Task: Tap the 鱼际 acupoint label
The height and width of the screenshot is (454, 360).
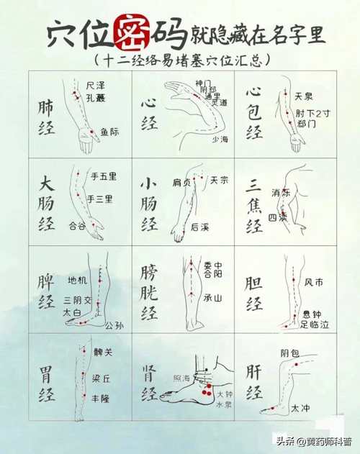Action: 110,132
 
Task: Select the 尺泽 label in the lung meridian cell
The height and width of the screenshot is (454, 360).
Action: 95,85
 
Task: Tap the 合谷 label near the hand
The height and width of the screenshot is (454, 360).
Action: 76,225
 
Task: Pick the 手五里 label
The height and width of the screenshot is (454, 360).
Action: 103,176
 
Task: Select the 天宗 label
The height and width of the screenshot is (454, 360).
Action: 219,181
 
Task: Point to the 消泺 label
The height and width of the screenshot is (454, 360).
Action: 281,193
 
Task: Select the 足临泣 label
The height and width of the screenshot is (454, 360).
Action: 315,325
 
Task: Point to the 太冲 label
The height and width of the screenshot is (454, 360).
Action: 300,408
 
